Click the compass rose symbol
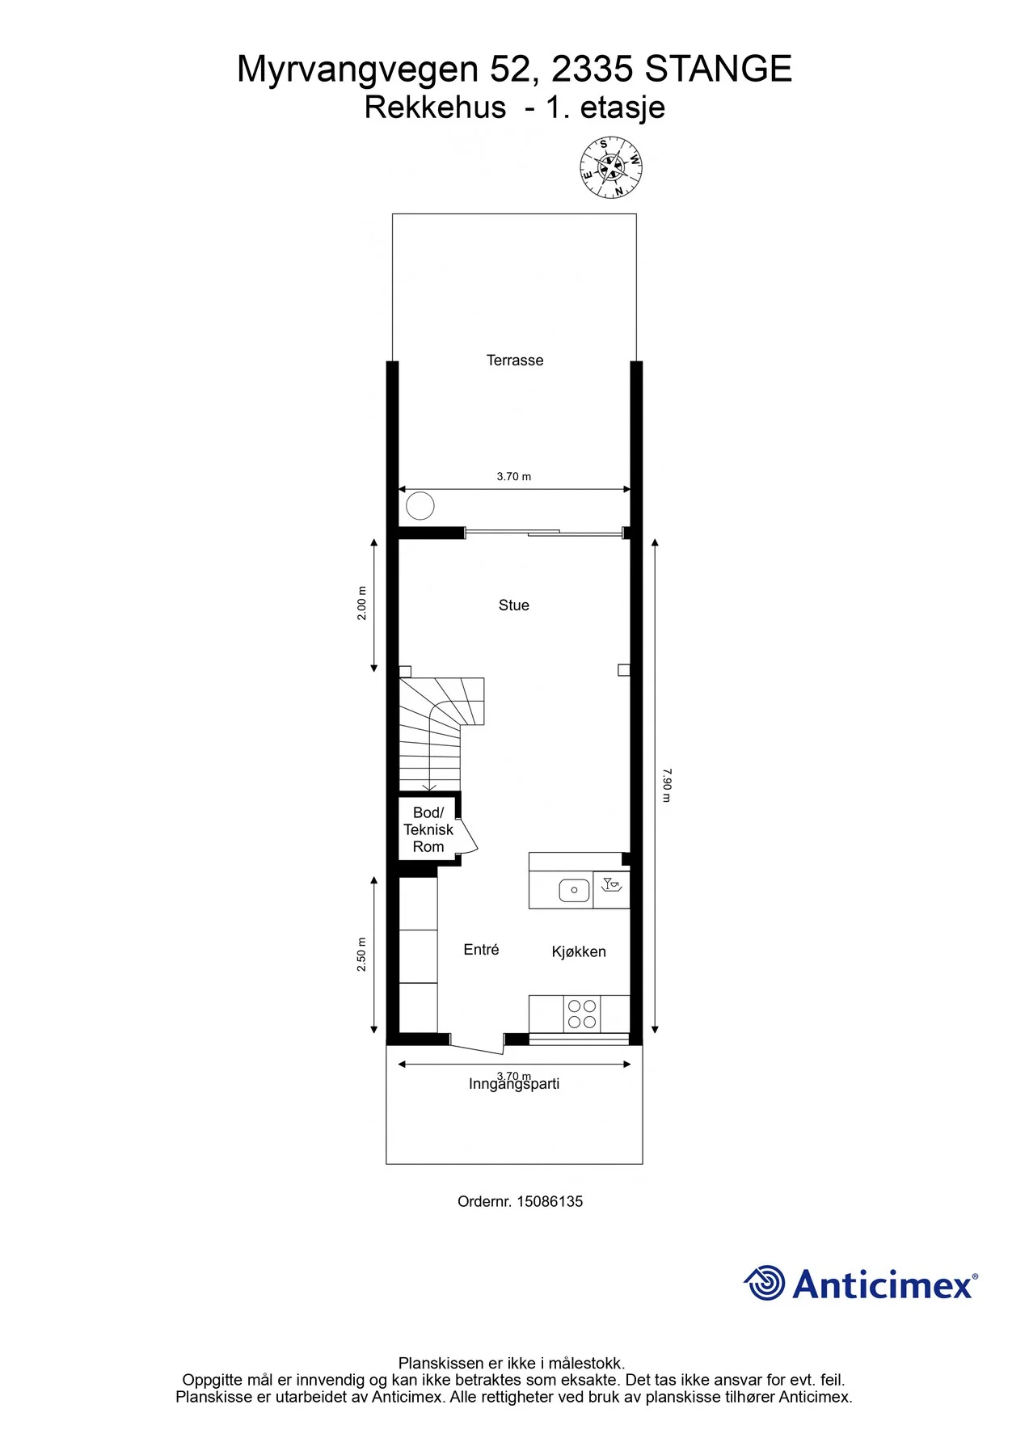(x=612, y=168)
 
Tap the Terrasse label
(x=515, y=361)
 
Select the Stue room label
(x=514, y=605)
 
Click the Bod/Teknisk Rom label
(x=428, y=829)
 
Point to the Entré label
(x=481, y=950)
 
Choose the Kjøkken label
(x=579, y=951)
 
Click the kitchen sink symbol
(x=574, y=890)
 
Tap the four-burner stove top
(x=582, y=1014)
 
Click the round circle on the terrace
(x=420, y=506)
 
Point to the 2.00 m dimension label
(x=362, y=603)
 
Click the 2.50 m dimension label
(x=362, y=955)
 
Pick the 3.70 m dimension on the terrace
(x=514, y=477)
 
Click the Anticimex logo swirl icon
(x=765, y=1283)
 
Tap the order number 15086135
(x=550, y=1201)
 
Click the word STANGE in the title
(x=719, y=70)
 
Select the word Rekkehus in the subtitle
(x=435, y=108)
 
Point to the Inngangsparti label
(x=514, y=1084)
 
